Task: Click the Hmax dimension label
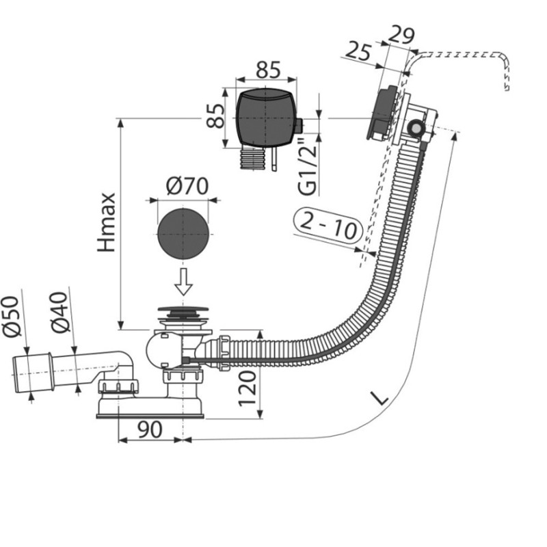pyautogui.click(x=107, y=222)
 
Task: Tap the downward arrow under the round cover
pyautogui.click(x=183, y=281)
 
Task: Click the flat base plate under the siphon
pyautogui.click(x=150, y=410)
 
